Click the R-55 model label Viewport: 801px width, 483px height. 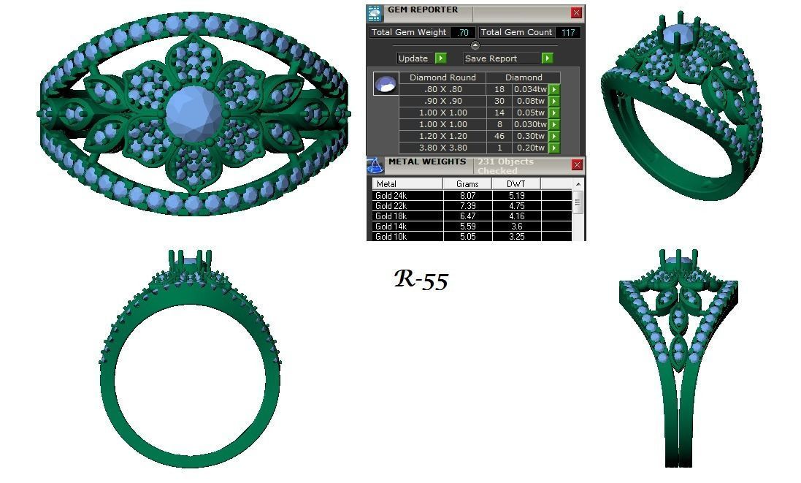click(x=421, y=279)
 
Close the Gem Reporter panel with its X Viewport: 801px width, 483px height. click(x=576, y=12)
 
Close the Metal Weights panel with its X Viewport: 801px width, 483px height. click(x=577, y=165)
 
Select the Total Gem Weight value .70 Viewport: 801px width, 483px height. click(x=462, y=32)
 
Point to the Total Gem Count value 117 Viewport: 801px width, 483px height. click(x=567, y=32)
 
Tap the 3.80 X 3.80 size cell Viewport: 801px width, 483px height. click(x=442, y=148)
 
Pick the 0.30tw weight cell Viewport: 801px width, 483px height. click(x=530, y=136)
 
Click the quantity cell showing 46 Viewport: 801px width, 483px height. click(x=499, y=136)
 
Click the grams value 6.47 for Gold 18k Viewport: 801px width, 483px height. click(x=467, y=216)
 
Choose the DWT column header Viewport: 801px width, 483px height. click(x=516, y=184)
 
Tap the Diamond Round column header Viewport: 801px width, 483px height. click(x=442, y=77)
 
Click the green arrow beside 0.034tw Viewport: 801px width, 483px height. click(x=553, y=90)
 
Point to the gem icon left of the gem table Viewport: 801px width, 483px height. click(x=386, y=83)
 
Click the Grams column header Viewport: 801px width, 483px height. click(x=467, y=184)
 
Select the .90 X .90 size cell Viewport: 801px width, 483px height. click(x=442, y=101)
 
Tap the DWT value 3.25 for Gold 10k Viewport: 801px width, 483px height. click(x=516, y=237)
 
